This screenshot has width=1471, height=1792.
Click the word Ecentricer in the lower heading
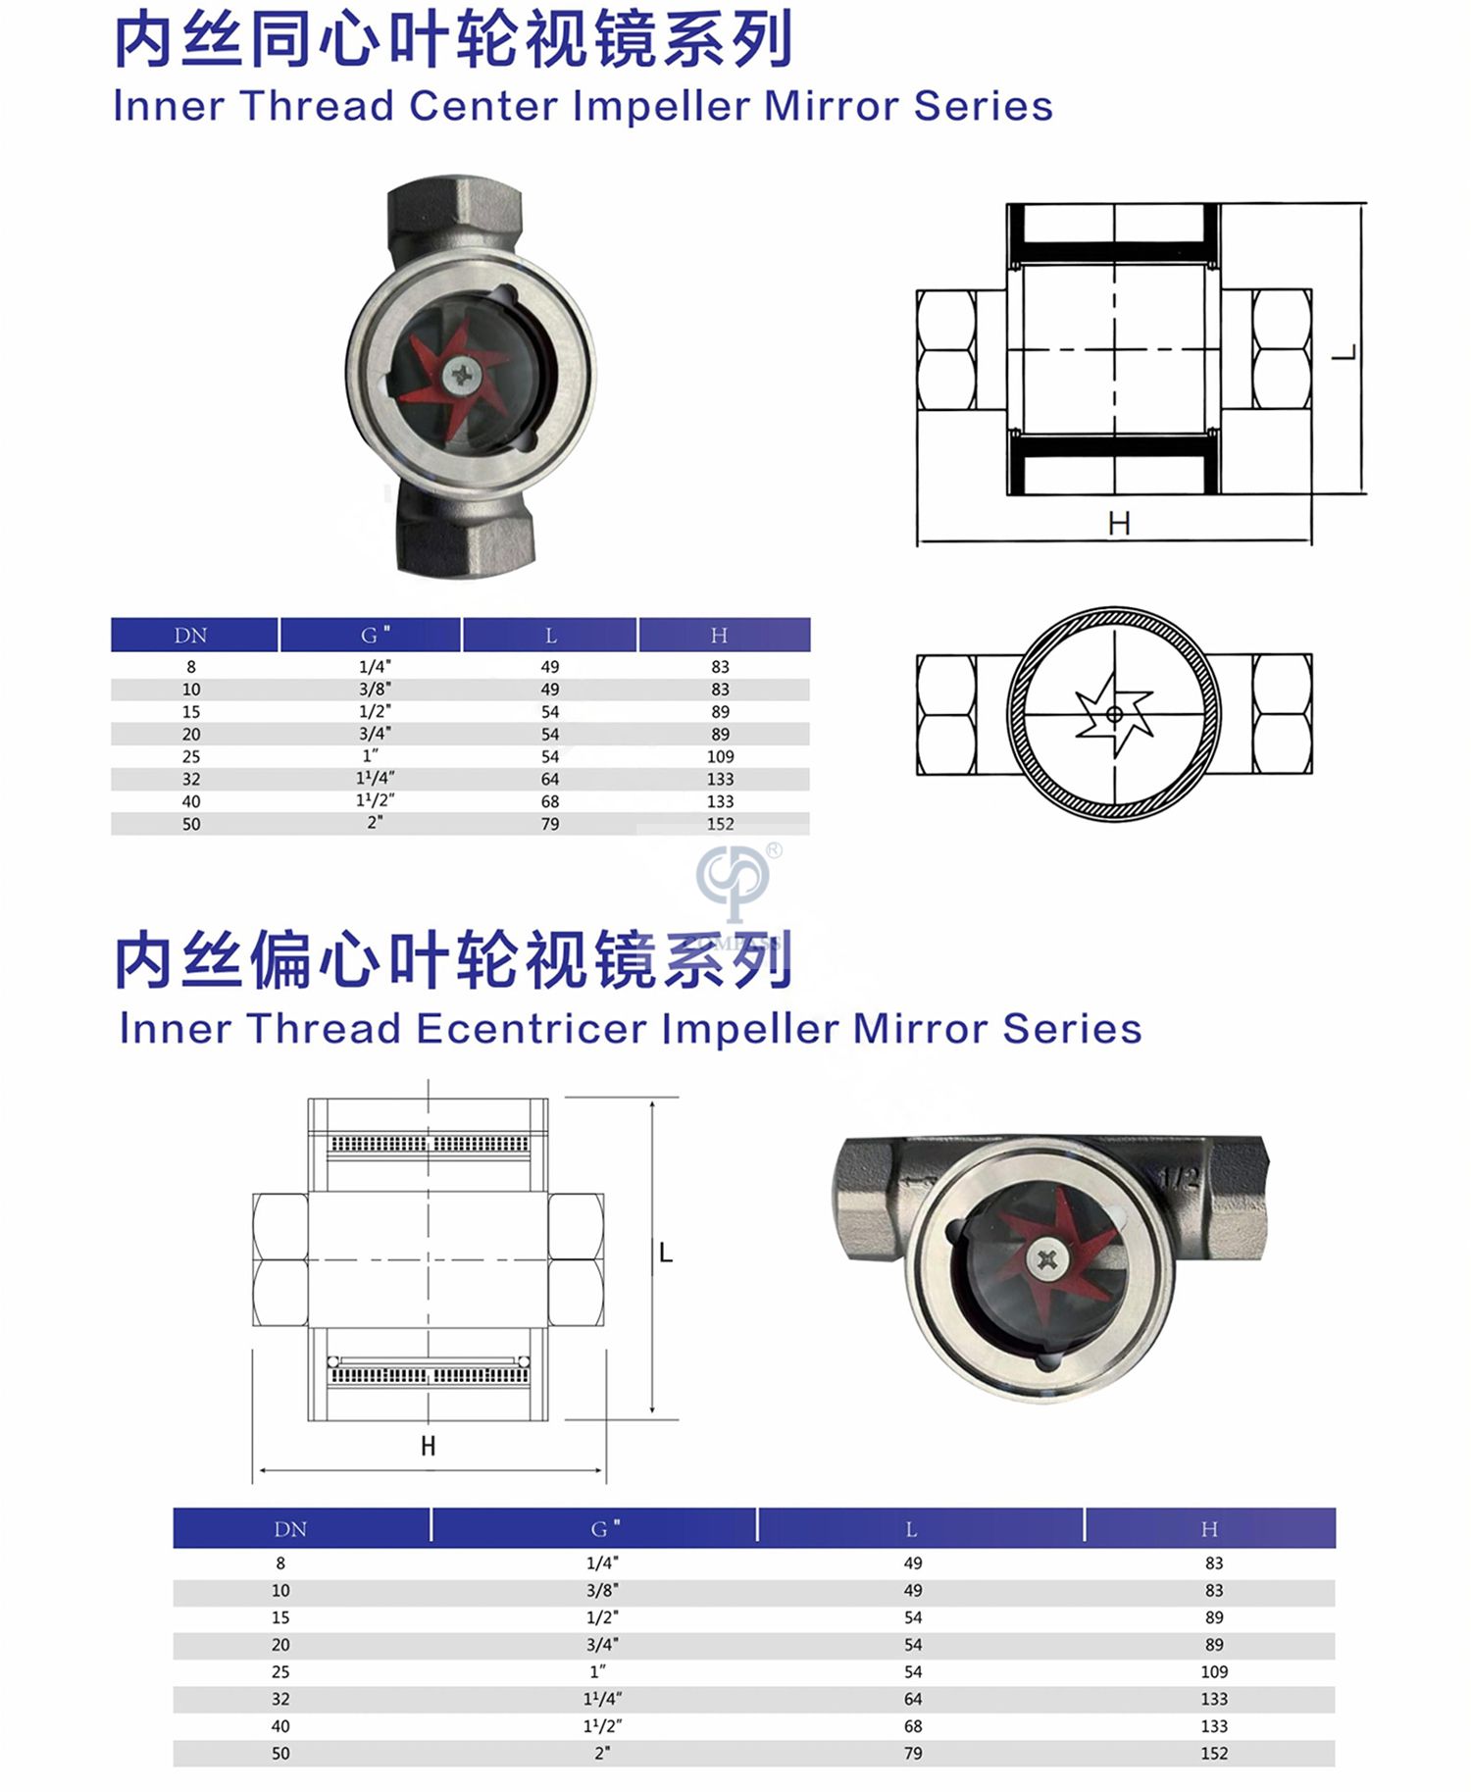pos(530,1029)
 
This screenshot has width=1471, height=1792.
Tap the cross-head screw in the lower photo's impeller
pos(1047,1259)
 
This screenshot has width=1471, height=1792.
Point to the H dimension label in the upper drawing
pos(1119,524)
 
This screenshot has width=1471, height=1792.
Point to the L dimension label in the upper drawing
pos(1344,352)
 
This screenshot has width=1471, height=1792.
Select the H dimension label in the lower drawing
pos(429,1446)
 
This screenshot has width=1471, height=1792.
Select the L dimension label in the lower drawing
pos(666,1253)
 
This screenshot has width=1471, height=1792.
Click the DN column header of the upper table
pos(191,636)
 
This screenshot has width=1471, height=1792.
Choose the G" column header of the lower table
pos(605,1528)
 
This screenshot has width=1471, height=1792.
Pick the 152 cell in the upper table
pos(721,824)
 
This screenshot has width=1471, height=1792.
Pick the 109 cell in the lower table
pos(1214,1671)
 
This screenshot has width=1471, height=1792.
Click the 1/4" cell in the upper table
pos(375,666)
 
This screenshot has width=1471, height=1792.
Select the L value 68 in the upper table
pos(550,801)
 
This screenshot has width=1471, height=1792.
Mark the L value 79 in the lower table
pos(913,1753)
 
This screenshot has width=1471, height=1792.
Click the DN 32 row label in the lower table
pos(281,1699)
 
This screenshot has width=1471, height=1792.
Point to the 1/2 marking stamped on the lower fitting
pos(1180,1178)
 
